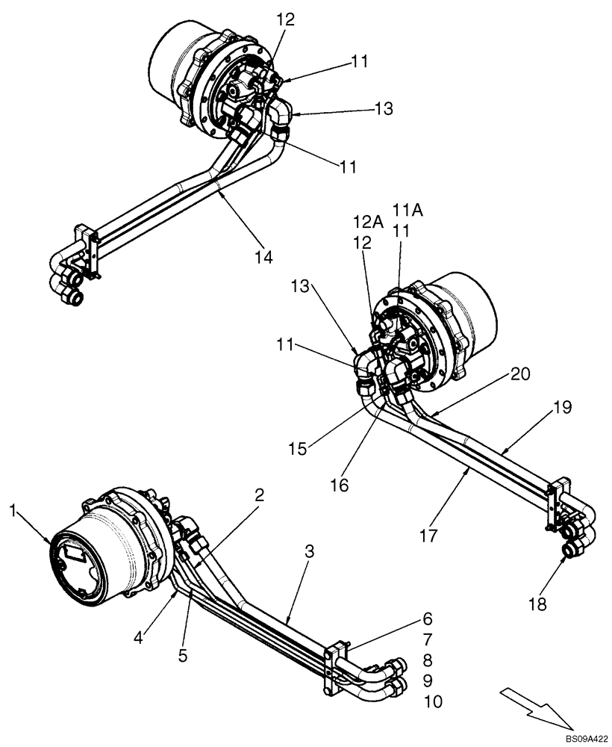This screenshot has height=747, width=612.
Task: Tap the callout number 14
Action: tap(262, 257)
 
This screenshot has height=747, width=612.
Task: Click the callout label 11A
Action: tap(408, 211)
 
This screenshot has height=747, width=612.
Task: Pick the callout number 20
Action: tap(521, 375)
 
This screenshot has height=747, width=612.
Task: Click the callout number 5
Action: tap(182, 655)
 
